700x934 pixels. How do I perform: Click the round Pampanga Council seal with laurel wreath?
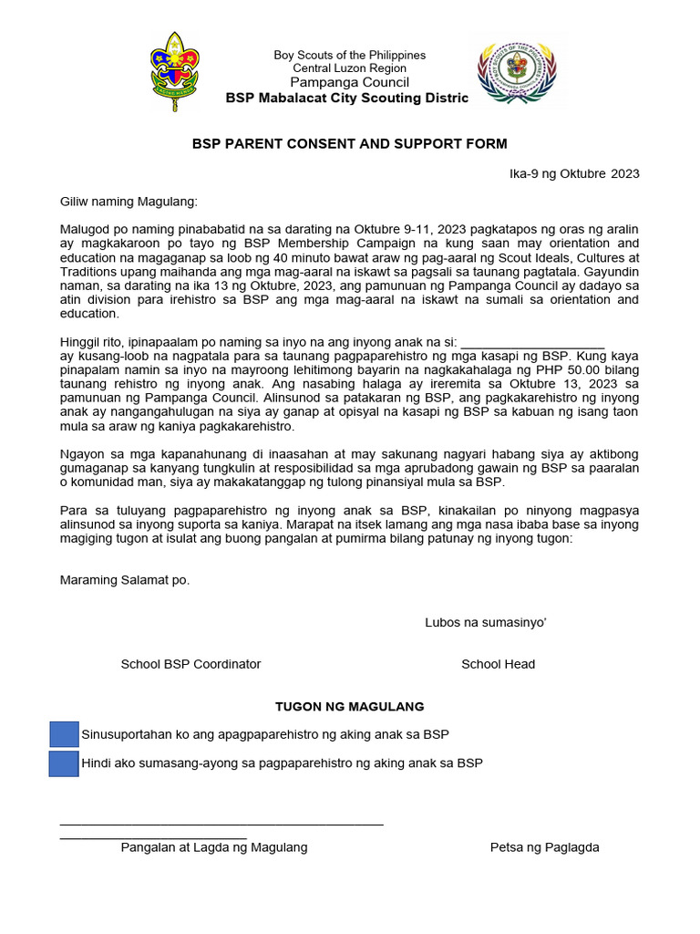click(517, 71)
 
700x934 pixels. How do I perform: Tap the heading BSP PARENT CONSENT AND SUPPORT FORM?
click(349, 144)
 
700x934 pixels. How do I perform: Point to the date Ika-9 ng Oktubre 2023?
click(574, 173)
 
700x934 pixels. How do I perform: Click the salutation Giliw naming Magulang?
click(128, 201)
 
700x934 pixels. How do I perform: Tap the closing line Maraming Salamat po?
click(125, 580)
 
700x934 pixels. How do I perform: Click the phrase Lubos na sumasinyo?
click(485, 622)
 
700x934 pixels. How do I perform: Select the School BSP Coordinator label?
click(190, 664)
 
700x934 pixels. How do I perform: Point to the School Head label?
click(498, 664)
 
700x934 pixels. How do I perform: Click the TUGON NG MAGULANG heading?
click(350, 707)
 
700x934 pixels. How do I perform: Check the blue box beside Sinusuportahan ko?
click(64, 734)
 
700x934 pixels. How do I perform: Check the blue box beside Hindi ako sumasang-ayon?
click(64, 763)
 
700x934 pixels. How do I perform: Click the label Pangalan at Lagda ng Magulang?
click(214, 847)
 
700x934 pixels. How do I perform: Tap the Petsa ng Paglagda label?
click(544, 847)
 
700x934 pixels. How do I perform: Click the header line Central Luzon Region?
click(350, 68)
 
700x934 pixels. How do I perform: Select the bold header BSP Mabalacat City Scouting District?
click(347, 98)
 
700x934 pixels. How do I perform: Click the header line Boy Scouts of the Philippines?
click(350, 56)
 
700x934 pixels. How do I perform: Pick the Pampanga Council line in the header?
click(350, 82)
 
